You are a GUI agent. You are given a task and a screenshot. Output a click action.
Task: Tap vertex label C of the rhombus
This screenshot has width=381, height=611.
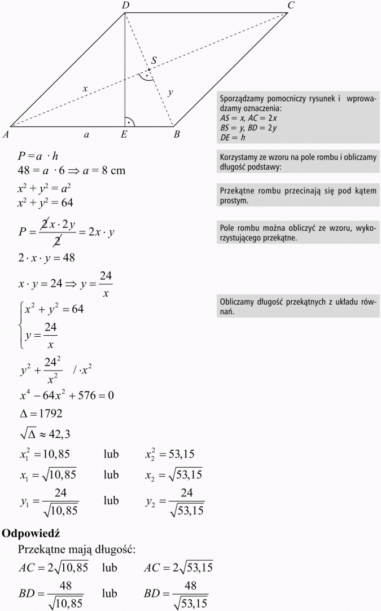point(291,6)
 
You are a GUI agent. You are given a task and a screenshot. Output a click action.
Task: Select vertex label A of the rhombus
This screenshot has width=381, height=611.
point(6,134)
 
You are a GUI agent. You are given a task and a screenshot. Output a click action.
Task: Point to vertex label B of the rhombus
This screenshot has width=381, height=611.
point(177,134)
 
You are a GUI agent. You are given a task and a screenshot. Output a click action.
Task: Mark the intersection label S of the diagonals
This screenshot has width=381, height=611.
point(154,60)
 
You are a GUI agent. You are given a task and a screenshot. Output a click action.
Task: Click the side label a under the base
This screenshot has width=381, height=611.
point(86,134)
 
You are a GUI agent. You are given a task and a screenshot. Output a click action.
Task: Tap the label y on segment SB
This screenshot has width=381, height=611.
point(170,92)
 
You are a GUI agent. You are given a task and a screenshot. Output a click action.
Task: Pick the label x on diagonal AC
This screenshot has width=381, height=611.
point(85,89)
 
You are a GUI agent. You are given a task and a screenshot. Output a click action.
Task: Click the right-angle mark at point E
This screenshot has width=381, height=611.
point(130,121)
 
